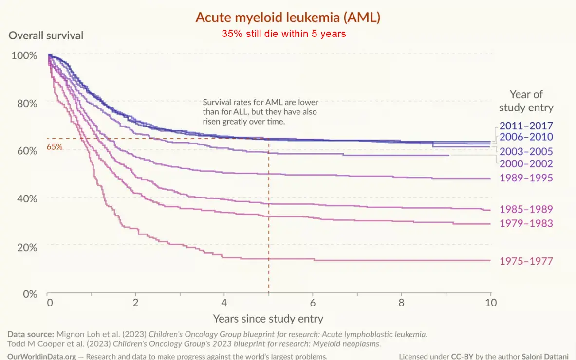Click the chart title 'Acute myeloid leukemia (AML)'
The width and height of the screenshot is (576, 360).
pos(288,18)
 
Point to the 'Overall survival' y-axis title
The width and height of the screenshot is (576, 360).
pos(46,36)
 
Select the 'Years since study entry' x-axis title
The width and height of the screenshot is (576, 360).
pos(268,319)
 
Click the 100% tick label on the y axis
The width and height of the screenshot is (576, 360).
pos(24,55)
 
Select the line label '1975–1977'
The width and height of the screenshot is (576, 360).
pos(526,261)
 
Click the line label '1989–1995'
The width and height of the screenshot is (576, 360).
pos(526,178)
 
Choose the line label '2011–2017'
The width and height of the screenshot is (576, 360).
pos(526,125)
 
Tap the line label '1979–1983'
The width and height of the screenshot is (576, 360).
pos(526,223)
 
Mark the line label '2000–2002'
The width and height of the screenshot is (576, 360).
pos(526,164)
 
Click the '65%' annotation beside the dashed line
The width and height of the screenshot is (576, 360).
pos(55,146)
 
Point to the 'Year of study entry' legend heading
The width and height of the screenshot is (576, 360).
pos(526,101)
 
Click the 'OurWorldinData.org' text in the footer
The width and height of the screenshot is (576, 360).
pos(42,356)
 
